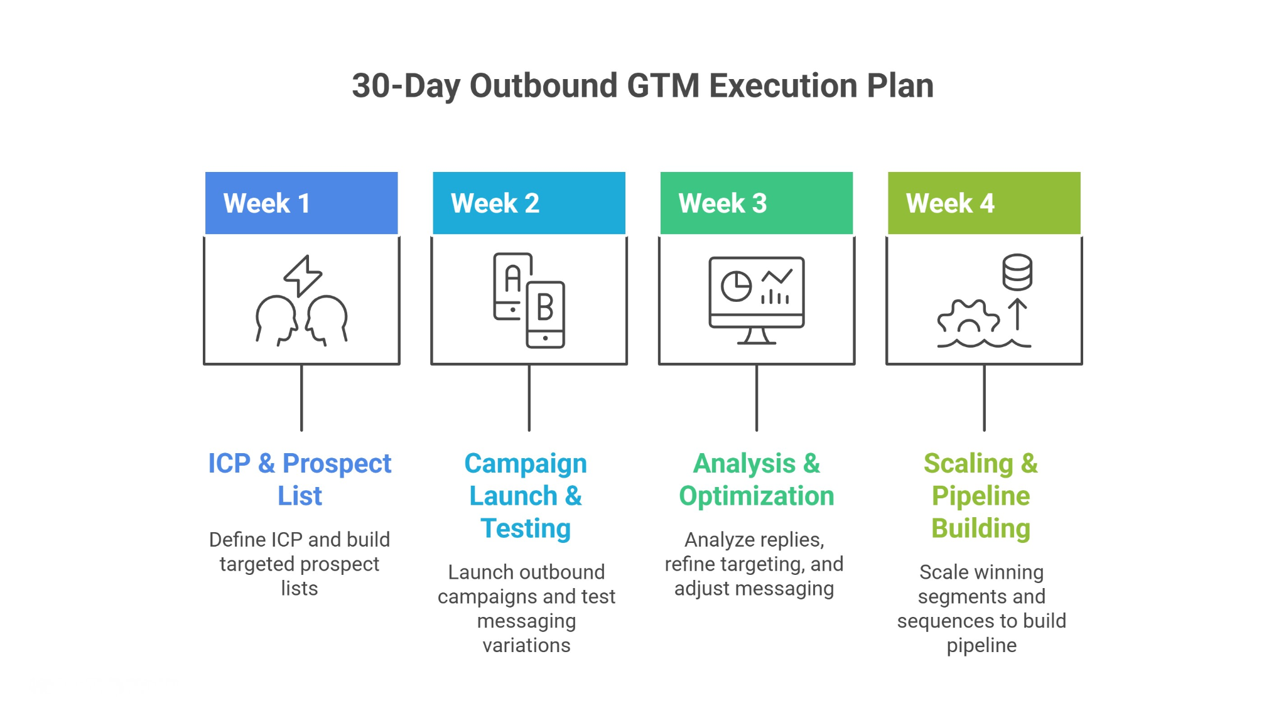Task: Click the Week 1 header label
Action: point(266,203)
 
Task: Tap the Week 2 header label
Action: point(495,203)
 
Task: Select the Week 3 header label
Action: point(722,203)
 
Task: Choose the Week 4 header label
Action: point(949,203)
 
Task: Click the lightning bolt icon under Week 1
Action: point(303,275)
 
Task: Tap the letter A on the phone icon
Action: point(513,279)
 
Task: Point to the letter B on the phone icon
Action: point(545,308)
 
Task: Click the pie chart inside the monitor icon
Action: point(736,286)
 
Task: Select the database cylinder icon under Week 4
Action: point(1017,272)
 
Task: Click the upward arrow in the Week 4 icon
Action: point(1017,314)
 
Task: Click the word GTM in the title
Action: point(663,86)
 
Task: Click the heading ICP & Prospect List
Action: point(300,479)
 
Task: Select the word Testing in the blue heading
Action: point(526,528)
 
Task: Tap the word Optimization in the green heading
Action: point(756,496)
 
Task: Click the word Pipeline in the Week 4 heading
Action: point(980,496)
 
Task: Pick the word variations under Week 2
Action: point(526,645)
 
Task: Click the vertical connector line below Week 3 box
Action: point(757,398)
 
